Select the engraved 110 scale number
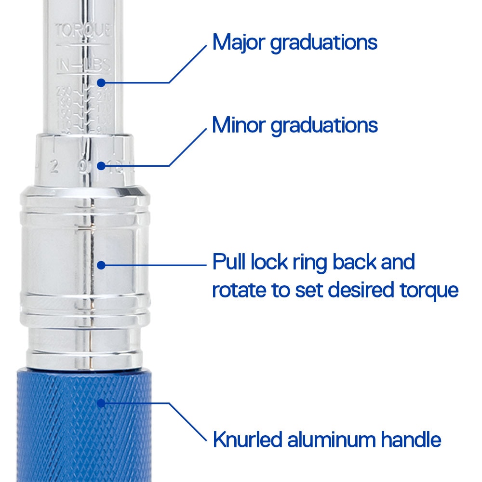click(x=64, y=124)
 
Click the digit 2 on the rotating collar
click(x=54, y=167)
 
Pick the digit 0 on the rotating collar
click(x=82, y=167)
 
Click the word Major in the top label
click(x=239, y=42)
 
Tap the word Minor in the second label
click(x=239, y=125)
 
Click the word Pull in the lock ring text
click(x=228, y=263)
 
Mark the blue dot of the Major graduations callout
click(x=100, y=82)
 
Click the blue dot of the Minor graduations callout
click(x=100, y=166)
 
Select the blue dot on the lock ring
click(x=100, y=265)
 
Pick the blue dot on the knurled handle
click(x=100, y=403)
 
